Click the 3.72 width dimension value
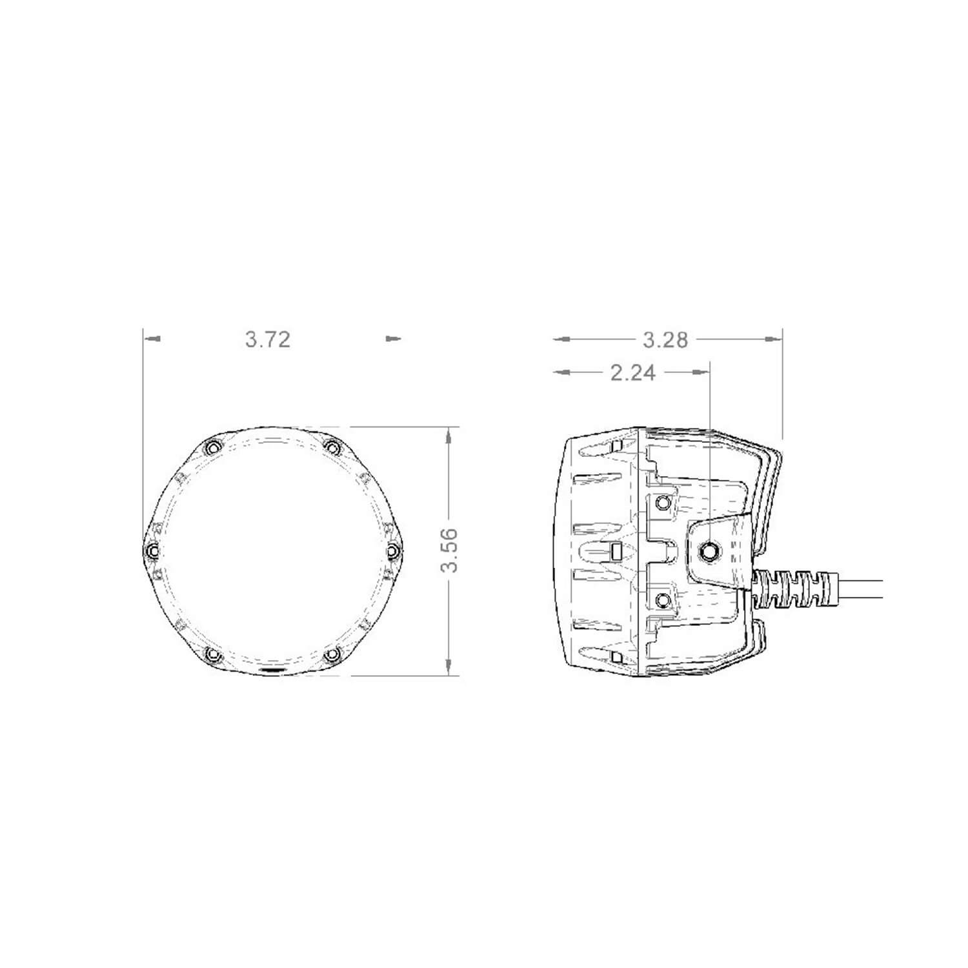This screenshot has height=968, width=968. click(268, 339)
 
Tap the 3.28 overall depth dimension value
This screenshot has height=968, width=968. click(666, 339)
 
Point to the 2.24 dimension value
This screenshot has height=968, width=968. click(632, 372)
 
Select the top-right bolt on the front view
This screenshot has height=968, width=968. click(332, 447)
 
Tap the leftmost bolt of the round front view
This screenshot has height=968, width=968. click(152, 550)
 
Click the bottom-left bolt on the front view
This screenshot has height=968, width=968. click(212, 655)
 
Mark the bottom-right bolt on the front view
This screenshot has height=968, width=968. click(332, 655)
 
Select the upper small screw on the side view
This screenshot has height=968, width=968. click(661, 502)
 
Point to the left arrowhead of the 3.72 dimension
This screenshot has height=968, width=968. click(152, 338)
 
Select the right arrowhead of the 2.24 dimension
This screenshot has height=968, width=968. click(700, 372)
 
